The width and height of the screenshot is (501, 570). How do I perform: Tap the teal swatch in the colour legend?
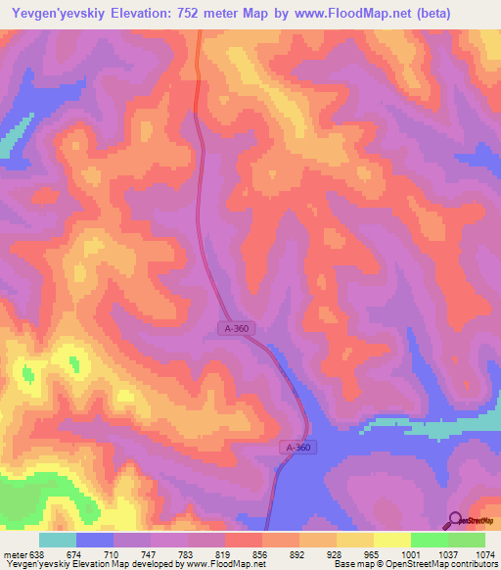[x=57, y=541]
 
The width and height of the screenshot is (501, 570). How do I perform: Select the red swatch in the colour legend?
[x=243, y=541]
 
